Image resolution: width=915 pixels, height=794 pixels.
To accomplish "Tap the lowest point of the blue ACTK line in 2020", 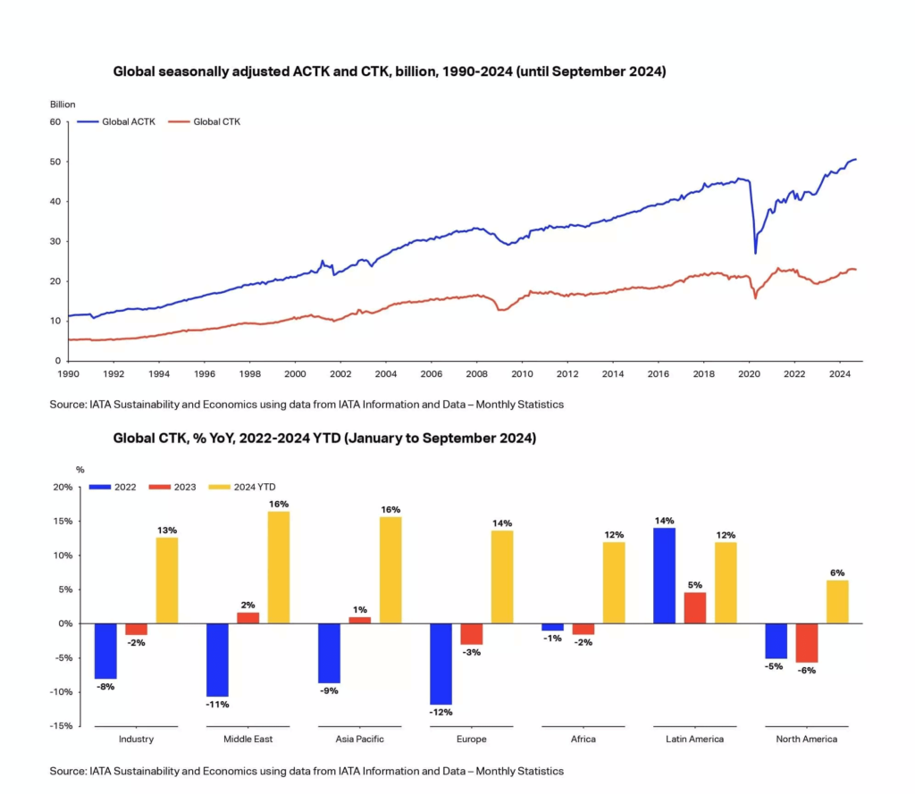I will [x=756, y=252].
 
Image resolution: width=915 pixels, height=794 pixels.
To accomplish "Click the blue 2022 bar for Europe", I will [x=441, y=664].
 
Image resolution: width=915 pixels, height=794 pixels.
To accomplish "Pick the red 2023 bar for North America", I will [x=807, y=643].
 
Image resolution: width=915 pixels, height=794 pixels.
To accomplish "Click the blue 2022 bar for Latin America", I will [x=664, y=575].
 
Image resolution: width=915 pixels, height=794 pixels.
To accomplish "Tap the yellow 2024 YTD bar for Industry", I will [x=167, y=580].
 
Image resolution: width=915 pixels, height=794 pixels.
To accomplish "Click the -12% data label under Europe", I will [x=441, y=713].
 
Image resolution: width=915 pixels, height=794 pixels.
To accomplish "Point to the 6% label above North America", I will [x=837, y=573].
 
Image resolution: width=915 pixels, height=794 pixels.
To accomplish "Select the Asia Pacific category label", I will [x=360, y=740].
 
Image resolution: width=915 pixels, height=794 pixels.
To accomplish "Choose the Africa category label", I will [x=583, y=740].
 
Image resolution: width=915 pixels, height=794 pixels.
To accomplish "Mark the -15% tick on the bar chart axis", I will [x=61, y=726].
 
